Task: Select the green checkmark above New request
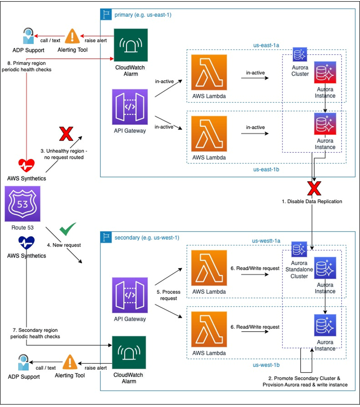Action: tap(67, 230)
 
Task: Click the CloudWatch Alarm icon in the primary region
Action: tap(131, 45)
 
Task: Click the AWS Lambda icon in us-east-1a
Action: tap(209, 73)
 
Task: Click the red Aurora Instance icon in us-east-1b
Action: tap(325, 124)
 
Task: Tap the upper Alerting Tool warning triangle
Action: tap(72, 36)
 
